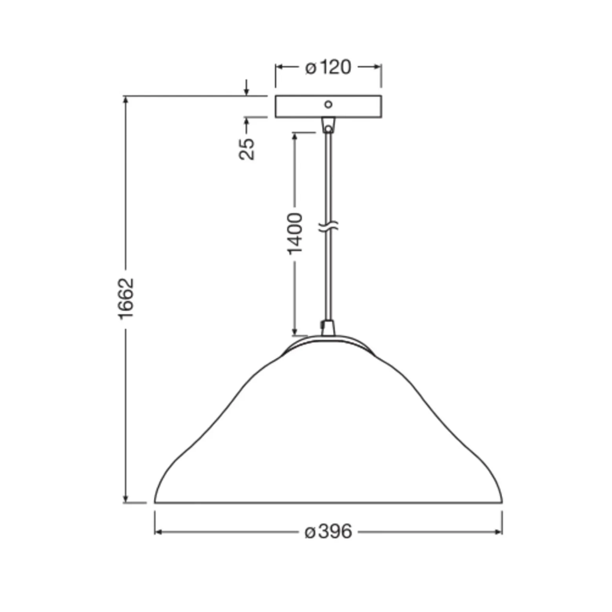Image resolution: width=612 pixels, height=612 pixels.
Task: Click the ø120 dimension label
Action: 328,67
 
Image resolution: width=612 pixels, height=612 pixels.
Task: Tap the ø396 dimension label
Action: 328,532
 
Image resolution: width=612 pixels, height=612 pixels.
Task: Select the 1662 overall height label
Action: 127,299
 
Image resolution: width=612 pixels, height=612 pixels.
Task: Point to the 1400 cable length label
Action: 295,234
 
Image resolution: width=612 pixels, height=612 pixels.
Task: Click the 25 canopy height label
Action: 247,149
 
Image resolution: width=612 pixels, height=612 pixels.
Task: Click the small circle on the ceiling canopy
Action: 328,104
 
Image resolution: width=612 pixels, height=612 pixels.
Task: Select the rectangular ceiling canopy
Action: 328,106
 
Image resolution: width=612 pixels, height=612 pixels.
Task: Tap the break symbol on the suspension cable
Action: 328,226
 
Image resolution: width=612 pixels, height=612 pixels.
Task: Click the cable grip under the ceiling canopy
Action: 328,125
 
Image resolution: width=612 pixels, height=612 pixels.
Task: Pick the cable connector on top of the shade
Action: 328,328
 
